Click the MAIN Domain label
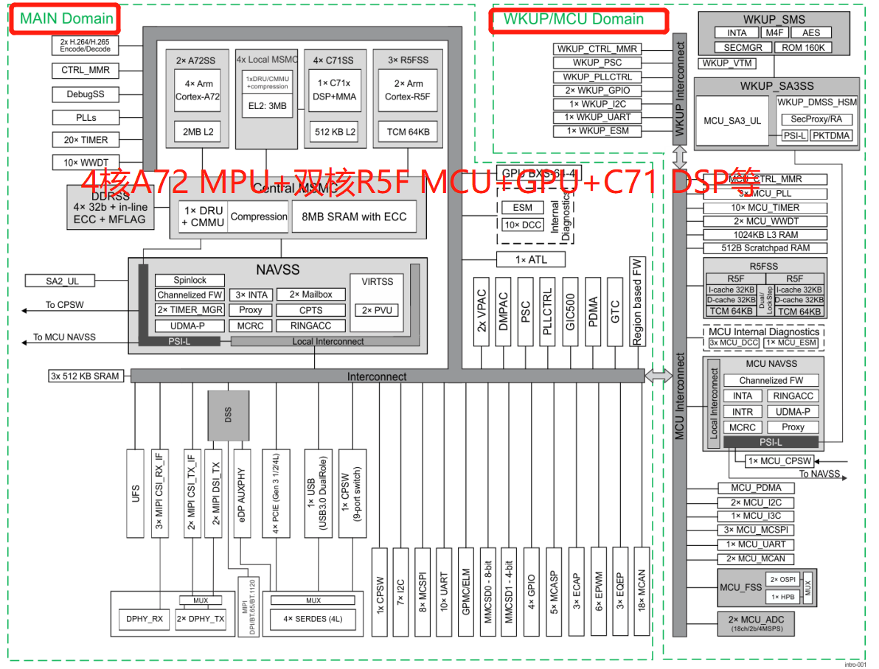point(66,18)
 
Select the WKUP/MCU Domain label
point(574,19)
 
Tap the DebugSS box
point(86,94)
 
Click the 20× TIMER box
point(86,140)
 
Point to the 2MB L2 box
point(198,132)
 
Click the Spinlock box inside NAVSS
point(190,280)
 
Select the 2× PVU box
point(378,310)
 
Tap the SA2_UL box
point(62,281)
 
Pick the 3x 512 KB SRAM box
point(85,376)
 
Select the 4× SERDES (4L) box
point(313,619)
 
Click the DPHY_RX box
point(145,619)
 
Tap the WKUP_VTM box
point(727,63)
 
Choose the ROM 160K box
point(804,47)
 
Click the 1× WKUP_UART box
point(597,117)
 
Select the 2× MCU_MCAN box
point(757,558)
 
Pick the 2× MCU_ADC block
point(757,623)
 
